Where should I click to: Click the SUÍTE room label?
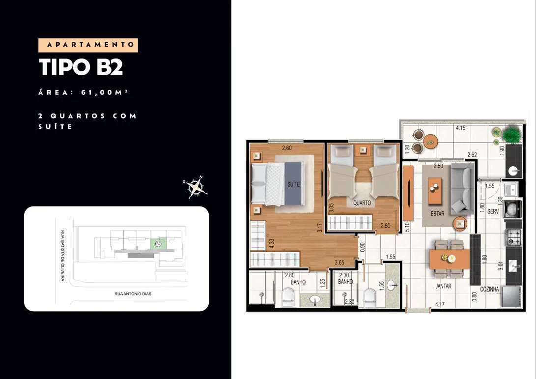(293, 184)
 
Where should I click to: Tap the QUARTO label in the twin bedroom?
(362, 203)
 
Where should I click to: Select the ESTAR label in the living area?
(438, 214)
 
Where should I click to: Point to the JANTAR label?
(443, 286)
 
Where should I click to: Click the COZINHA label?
(489, 289)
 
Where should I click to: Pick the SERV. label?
(493, 211)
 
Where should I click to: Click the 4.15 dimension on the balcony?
(460, 128)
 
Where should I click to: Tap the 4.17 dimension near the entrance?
(440, 304)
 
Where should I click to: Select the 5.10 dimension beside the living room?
(407, 227)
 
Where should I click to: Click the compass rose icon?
(195, 187)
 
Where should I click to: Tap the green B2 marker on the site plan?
(158, 243)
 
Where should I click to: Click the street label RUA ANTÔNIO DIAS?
(133, 293)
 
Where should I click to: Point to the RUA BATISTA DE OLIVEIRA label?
(62, 256)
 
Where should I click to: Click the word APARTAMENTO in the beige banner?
(90, 45)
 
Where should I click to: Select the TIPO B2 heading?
(81, 67)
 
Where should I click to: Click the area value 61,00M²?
(104, 92)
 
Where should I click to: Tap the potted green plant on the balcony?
(511, 134)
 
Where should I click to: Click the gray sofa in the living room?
(462, 188)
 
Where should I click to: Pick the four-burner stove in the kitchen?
(513, 237)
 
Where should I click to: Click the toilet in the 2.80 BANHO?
(288, 297)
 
